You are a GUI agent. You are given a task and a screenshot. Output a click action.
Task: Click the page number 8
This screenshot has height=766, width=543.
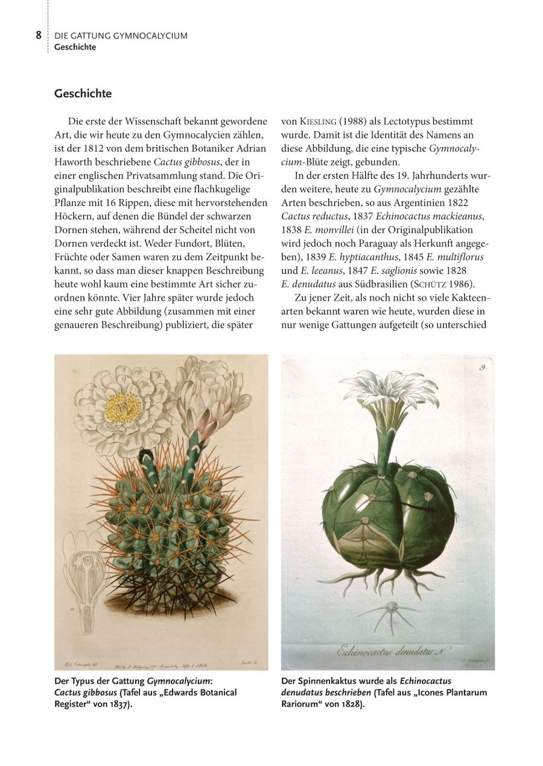tap(39, 35)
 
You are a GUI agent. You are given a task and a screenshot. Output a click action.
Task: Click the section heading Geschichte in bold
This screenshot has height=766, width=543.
tap(83, 94)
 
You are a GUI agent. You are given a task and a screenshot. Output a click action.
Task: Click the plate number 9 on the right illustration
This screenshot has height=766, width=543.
tap(483, 366)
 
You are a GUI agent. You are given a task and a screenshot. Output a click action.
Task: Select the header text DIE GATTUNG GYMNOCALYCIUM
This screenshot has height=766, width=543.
tap(121, 36)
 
